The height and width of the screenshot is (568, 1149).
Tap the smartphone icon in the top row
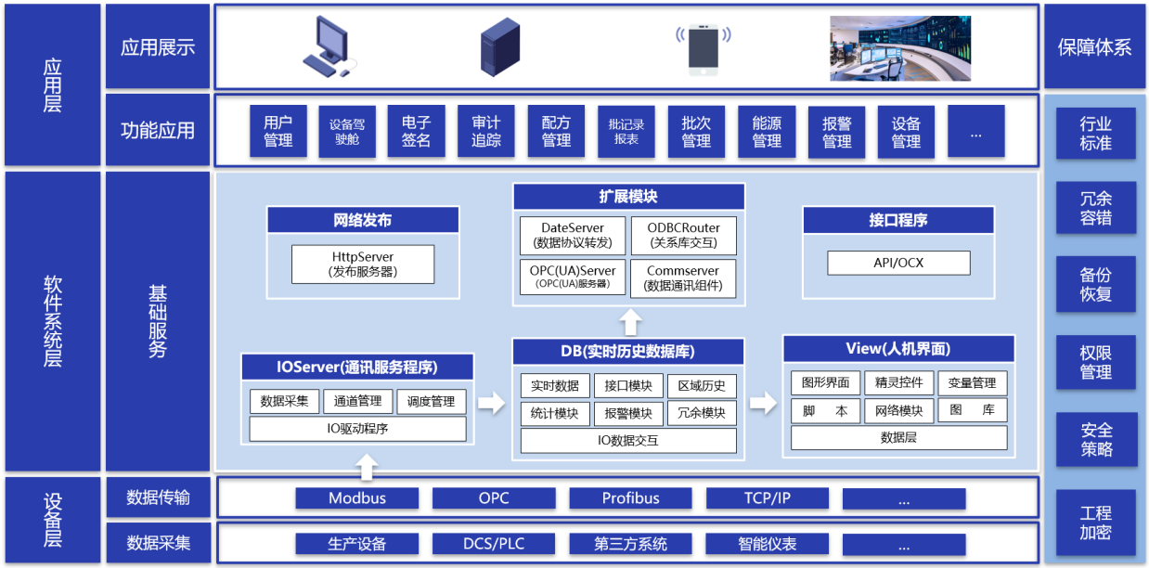point(703,47)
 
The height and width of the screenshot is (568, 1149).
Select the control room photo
point(899,48)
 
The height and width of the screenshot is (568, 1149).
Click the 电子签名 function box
point(416,131)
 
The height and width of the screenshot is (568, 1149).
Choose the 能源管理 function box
point(767,131)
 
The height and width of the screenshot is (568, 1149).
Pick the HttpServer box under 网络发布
point(362,265)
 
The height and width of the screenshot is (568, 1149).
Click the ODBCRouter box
point(683,236)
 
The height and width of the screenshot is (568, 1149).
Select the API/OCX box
point(898,263)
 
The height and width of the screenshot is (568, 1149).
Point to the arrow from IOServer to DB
point(492,403)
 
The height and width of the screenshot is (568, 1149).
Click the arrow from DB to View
point(763,403)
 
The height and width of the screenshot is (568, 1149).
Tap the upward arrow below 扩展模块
point(631,322)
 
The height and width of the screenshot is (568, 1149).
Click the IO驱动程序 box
point(357,429)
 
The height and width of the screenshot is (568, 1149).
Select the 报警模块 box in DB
point(628,413)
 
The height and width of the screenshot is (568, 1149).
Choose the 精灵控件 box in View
point(898,383)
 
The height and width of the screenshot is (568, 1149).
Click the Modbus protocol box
point(357,498)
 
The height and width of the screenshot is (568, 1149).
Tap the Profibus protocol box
point(630,498)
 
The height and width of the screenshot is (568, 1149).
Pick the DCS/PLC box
point(494,544)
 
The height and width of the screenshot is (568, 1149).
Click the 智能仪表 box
point(767,544)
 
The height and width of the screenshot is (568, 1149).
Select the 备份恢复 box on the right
point(1095,285)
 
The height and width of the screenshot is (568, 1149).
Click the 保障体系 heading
point(1095,47)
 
